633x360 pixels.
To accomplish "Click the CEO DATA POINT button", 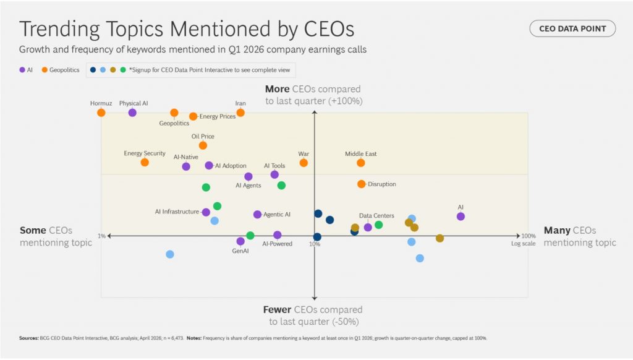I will click(x=572, y=28).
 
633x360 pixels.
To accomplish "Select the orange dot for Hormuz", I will click(x=101, y=113).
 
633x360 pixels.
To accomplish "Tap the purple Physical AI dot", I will click(x=132, y=113).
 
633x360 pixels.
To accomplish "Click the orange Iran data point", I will click(x=240, y=113).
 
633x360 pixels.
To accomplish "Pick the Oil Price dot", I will click(x=203, y=145).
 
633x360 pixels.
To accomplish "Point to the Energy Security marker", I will click(x=145, y=162).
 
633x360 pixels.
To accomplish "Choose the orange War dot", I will click(x=304, y=163).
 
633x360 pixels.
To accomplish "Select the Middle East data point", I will click(x=361, y=163).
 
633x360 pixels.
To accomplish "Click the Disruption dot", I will click(x=362, y=184).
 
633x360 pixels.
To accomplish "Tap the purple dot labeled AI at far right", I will click(x=461, y=216).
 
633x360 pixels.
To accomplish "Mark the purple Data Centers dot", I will click(x=368, y=227).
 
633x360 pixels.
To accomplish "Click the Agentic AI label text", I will click(x=277, y=215).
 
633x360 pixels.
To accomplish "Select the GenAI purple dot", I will click(x=240, y=241).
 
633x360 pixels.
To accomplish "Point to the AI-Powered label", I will click(x=277, y=244).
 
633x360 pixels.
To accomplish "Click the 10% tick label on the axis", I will click(x=315, y=244).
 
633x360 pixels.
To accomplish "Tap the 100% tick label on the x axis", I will click(x=528, y=236).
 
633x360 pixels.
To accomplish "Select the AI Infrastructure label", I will click(x=177, y=212).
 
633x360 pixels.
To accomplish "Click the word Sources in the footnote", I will click(x=28, y=338).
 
